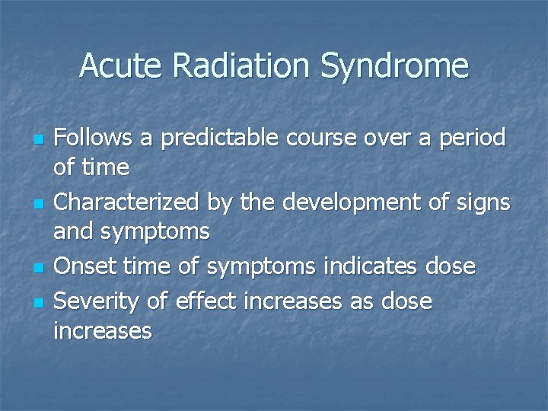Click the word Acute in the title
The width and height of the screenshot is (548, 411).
122,66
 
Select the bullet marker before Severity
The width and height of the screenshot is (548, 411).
40,303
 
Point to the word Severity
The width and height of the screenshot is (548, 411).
98,301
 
